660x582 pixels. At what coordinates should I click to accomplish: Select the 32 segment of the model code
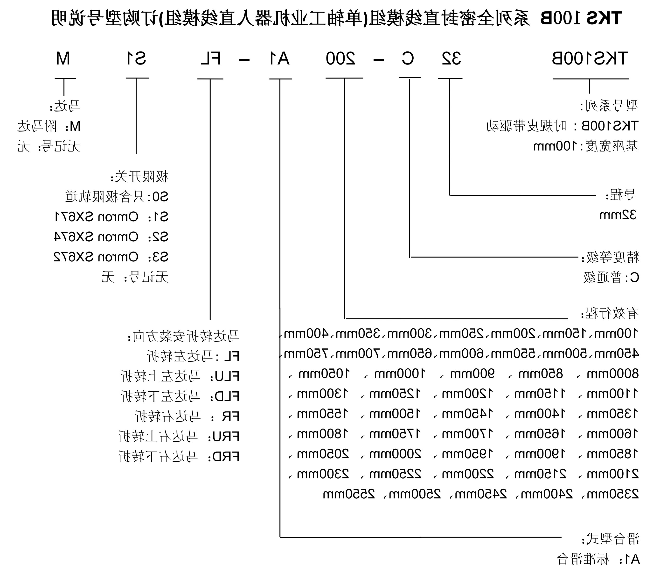(x=451, y=59)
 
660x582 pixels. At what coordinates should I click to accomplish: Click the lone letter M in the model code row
(x=63, y=59)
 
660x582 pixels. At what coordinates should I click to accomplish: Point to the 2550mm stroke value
(x=349, y=494)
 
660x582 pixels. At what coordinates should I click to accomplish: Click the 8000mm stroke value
(x=612, y=374)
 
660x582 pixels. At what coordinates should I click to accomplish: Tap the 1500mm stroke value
(x=395, y=414)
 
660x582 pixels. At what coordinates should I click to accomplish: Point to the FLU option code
(x=225, y=376)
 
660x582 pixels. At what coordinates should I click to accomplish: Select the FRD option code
(x=225, y=457)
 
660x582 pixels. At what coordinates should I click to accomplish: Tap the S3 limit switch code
(x=159, y=257)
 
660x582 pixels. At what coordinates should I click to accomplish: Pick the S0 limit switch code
(x=160, y=197)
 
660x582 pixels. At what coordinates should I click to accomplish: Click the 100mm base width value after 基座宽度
(x=555, y=146)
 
